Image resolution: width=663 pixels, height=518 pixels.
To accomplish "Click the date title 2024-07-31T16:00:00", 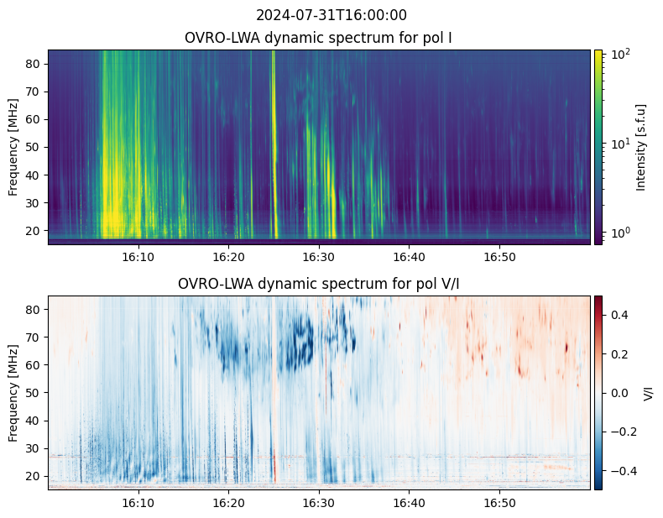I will [x=331, y=15].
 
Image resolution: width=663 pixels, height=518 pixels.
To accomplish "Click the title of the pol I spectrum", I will [x=319, y=38].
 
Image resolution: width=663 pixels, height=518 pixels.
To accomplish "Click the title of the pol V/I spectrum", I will [x=319, y=284].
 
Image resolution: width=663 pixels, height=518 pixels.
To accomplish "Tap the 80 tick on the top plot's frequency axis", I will [x=35, y=64].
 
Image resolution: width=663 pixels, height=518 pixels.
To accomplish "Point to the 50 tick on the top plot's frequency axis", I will [x=35, y=147].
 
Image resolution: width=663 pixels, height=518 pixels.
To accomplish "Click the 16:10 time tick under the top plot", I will [x=138, y=256].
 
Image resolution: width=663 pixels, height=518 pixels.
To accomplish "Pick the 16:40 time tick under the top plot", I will [x=409, y=256].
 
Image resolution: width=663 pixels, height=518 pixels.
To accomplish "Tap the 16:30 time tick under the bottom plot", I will [x=318, y=502].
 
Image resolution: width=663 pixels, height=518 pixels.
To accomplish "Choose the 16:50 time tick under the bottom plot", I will [x=499, y=502].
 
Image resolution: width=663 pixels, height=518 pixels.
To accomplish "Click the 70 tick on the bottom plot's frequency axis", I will [x=35, y=337].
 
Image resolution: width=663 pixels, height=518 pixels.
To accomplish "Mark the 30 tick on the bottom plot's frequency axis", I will [x=35, y=447].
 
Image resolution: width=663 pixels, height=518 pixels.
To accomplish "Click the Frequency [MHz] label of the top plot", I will [x=13, y=147].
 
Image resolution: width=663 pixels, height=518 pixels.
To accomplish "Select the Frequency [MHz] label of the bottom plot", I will [x=13, y=393].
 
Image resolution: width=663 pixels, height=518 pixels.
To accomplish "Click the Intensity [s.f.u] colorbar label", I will [x=642, y=147].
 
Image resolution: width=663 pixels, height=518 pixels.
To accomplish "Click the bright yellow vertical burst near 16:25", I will [x=274, y=143].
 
